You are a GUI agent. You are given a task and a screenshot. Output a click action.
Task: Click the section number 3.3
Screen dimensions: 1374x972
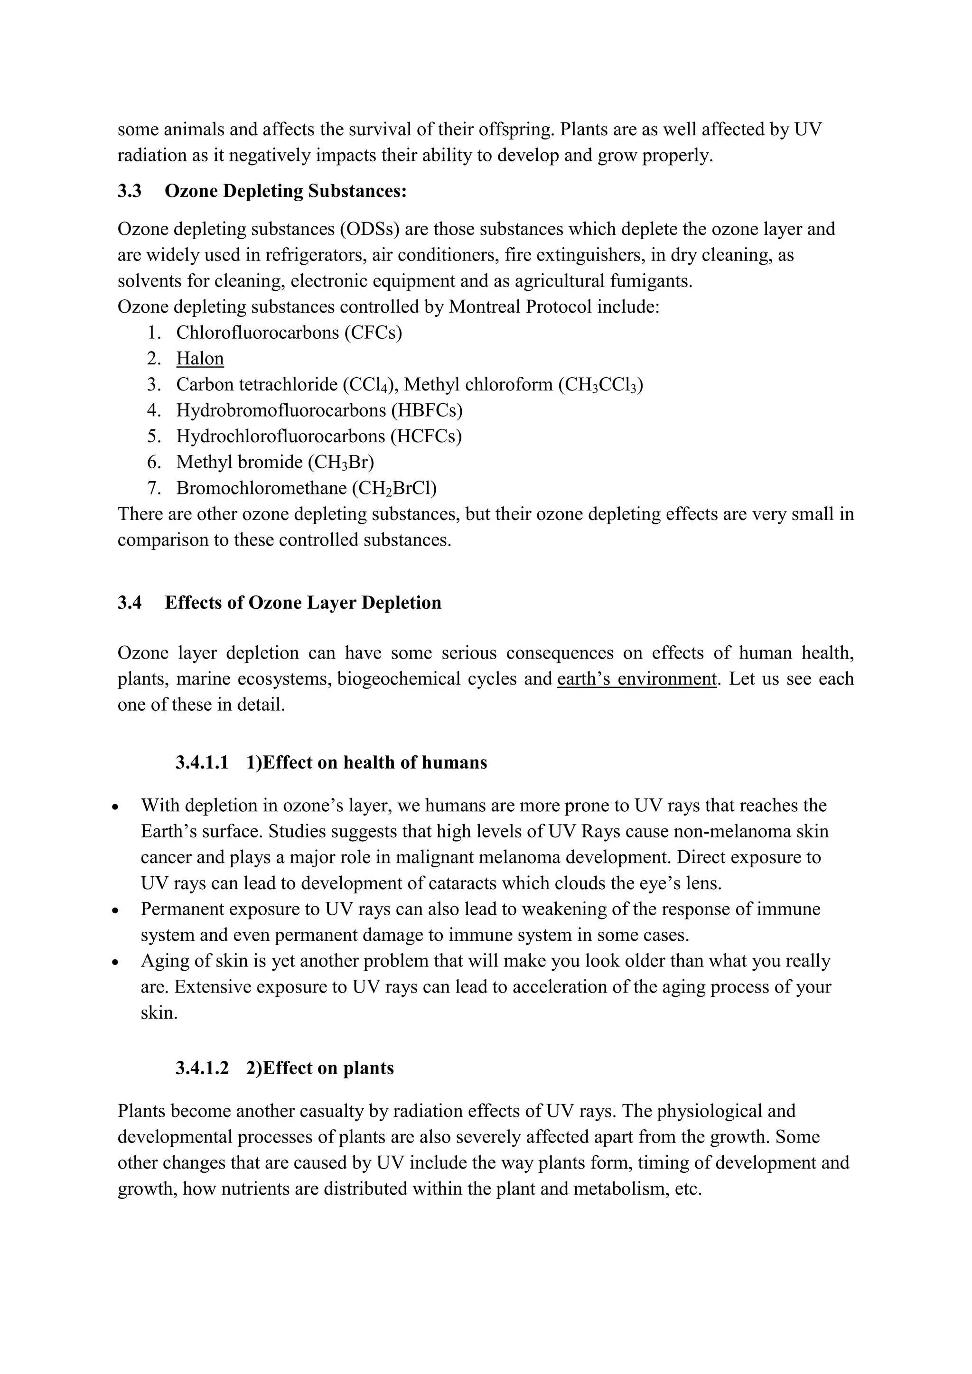click(129, 192)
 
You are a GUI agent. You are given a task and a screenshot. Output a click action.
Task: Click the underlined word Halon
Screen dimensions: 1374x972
click(200, 359)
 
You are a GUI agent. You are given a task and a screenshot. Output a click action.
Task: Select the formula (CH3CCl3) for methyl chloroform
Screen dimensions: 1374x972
click(600, 385)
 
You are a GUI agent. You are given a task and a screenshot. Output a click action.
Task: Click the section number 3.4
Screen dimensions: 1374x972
click(129, 603)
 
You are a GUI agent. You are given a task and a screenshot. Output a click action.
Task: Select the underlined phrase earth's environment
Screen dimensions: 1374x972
click(636, 679)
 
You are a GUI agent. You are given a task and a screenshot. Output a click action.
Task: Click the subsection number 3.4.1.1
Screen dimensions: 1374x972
click(202, 763)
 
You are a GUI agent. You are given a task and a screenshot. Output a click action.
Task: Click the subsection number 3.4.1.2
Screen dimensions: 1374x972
click(202, 1068)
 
